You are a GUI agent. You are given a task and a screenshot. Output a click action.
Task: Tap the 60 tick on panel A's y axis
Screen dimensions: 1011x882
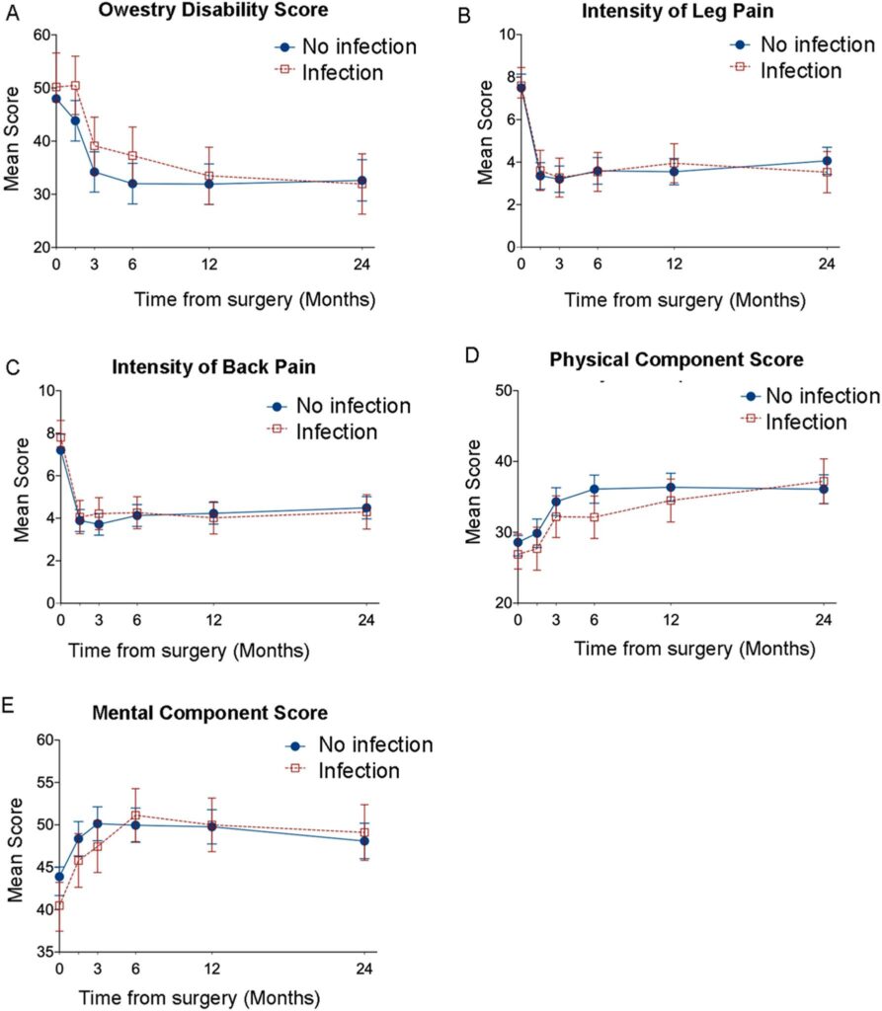pyautogui.click(x=41, y=35)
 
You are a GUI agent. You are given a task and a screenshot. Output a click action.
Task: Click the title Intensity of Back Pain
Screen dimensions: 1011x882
pyautogui.click(x=211, y=367)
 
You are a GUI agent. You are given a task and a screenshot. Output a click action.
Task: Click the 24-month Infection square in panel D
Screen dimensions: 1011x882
pyautogui.click(x=824, y=481)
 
